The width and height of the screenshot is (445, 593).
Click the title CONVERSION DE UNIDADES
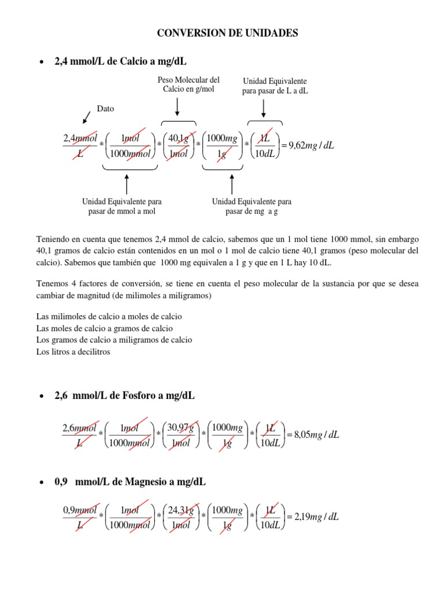tap(228, 34)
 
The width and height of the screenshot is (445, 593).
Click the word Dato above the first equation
tap(105, 108)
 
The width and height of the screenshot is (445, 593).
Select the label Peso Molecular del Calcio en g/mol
tap(188, 85)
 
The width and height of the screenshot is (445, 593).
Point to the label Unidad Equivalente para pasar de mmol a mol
tap(122, 206)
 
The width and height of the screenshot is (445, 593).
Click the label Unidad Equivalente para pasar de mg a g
tap(251, 206)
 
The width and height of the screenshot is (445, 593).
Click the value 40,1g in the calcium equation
tap(178, 138)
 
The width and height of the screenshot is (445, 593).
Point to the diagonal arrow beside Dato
tap(87, 118)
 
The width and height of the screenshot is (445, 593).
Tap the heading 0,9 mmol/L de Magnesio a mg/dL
tap(130, 482)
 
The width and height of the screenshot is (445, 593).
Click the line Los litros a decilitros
tap(73, 352)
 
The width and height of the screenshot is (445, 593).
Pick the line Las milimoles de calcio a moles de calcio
tap(109, 317)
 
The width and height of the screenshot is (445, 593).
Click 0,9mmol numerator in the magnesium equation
tap(79, 510)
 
